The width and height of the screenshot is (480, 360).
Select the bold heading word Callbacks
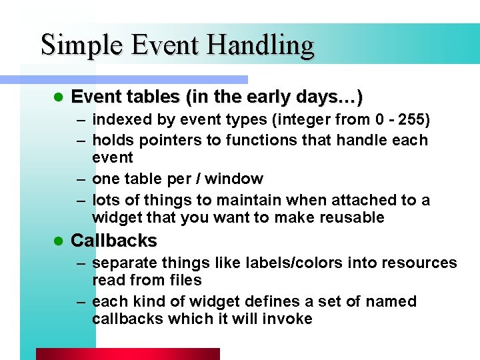tap(114, 241)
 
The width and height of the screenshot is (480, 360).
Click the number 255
tap(417, 120)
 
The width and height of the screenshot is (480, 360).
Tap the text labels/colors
tap(288, 263)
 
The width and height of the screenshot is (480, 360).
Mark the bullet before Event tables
tap(57, 97)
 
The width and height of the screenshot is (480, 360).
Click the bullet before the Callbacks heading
tap(57, 241)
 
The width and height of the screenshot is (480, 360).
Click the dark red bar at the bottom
tap(127, 354)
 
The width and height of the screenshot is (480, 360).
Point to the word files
tap(184, 281)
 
